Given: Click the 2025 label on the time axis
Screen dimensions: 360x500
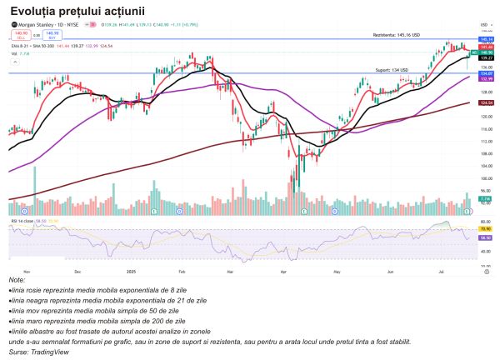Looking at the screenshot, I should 130,271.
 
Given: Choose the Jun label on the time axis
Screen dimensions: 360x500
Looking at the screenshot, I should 391,271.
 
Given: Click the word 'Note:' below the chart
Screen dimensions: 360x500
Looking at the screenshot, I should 17,280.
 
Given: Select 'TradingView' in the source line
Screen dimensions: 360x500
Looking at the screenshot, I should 50,352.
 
